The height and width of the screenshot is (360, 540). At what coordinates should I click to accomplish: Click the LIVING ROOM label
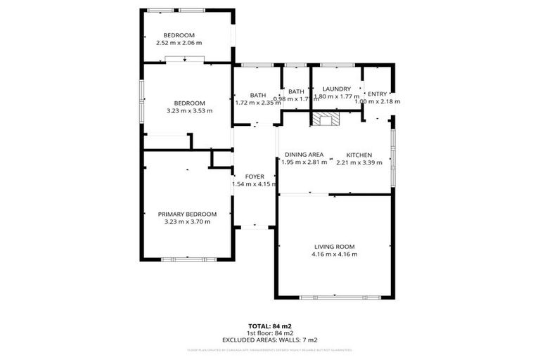click(x=335, y=246)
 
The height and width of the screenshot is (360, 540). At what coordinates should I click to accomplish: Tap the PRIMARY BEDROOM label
click(x=187, y=214)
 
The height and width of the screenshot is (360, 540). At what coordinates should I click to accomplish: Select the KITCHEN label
click(x=359, y=155)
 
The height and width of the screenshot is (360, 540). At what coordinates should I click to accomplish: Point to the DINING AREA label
click(x=304, y=155)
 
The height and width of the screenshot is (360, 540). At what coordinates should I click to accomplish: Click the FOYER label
click(x=254, y=176)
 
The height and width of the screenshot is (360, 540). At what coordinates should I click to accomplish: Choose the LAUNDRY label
click(x=336, y=89)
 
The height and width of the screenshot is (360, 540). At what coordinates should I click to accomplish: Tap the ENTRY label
click(x=377, y=94)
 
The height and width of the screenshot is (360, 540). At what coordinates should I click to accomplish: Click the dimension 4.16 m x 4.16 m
click(x=335, y=254)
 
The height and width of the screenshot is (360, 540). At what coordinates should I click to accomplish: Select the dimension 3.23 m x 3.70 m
click(x=187, y=221)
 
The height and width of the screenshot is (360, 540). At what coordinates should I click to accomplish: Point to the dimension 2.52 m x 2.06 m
click(x=179, y=43)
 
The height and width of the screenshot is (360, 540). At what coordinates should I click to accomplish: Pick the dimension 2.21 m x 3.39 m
click(x=359, y=162)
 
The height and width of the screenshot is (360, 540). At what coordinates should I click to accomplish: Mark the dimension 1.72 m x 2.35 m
click(x=258, y=103)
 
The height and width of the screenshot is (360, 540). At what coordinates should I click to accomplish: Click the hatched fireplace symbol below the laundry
click(x=326, y=120)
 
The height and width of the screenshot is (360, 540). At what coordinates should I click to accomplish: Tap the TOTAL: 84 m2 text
click(x=269, y=326)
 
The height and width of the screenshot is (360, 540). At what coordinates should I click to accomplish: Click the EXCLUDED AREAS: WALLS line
click(x=269, y=340)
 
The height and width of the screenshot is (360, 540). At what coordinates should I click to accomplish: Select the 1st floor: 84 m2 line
click(x=269, y=333)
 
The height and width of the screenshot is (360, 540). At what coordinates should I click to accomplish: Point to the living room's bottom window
click(x=335, y=297)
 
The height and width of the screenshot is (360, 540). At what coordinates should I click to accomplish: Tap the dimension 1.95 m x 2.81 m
click(x=304, y=162)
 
